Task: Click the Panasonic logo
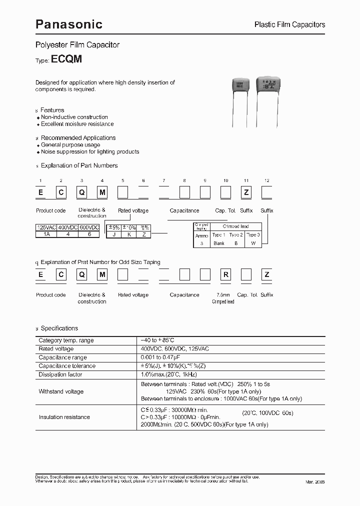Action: pos(68,23)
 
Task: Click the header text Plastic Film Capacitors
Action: pos(289,24)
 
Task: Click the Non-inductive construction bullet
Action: pos(74,117)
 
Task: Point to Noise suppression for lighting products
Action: pos(90,151)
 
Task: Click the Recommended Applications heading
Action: pos(78,137)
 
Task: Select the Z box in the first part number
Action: pos(246,192)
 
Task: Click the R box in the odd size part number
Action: pos(225,274)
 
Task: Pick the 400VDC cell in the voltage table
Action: pos(67,227)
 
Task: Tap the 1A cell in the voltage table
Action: pos(46,233)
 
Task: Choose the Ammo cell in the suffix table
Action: pos(201,235)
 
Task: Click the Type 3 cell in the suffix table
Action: pos(252,235)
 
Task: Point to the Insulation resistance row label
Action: pos(64,417)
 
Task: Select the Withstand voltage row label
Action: pos(61,391)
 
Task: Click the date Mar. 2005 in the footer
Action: pos(315,481)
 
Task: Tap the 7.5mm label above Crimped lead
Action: pos(222,295)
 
